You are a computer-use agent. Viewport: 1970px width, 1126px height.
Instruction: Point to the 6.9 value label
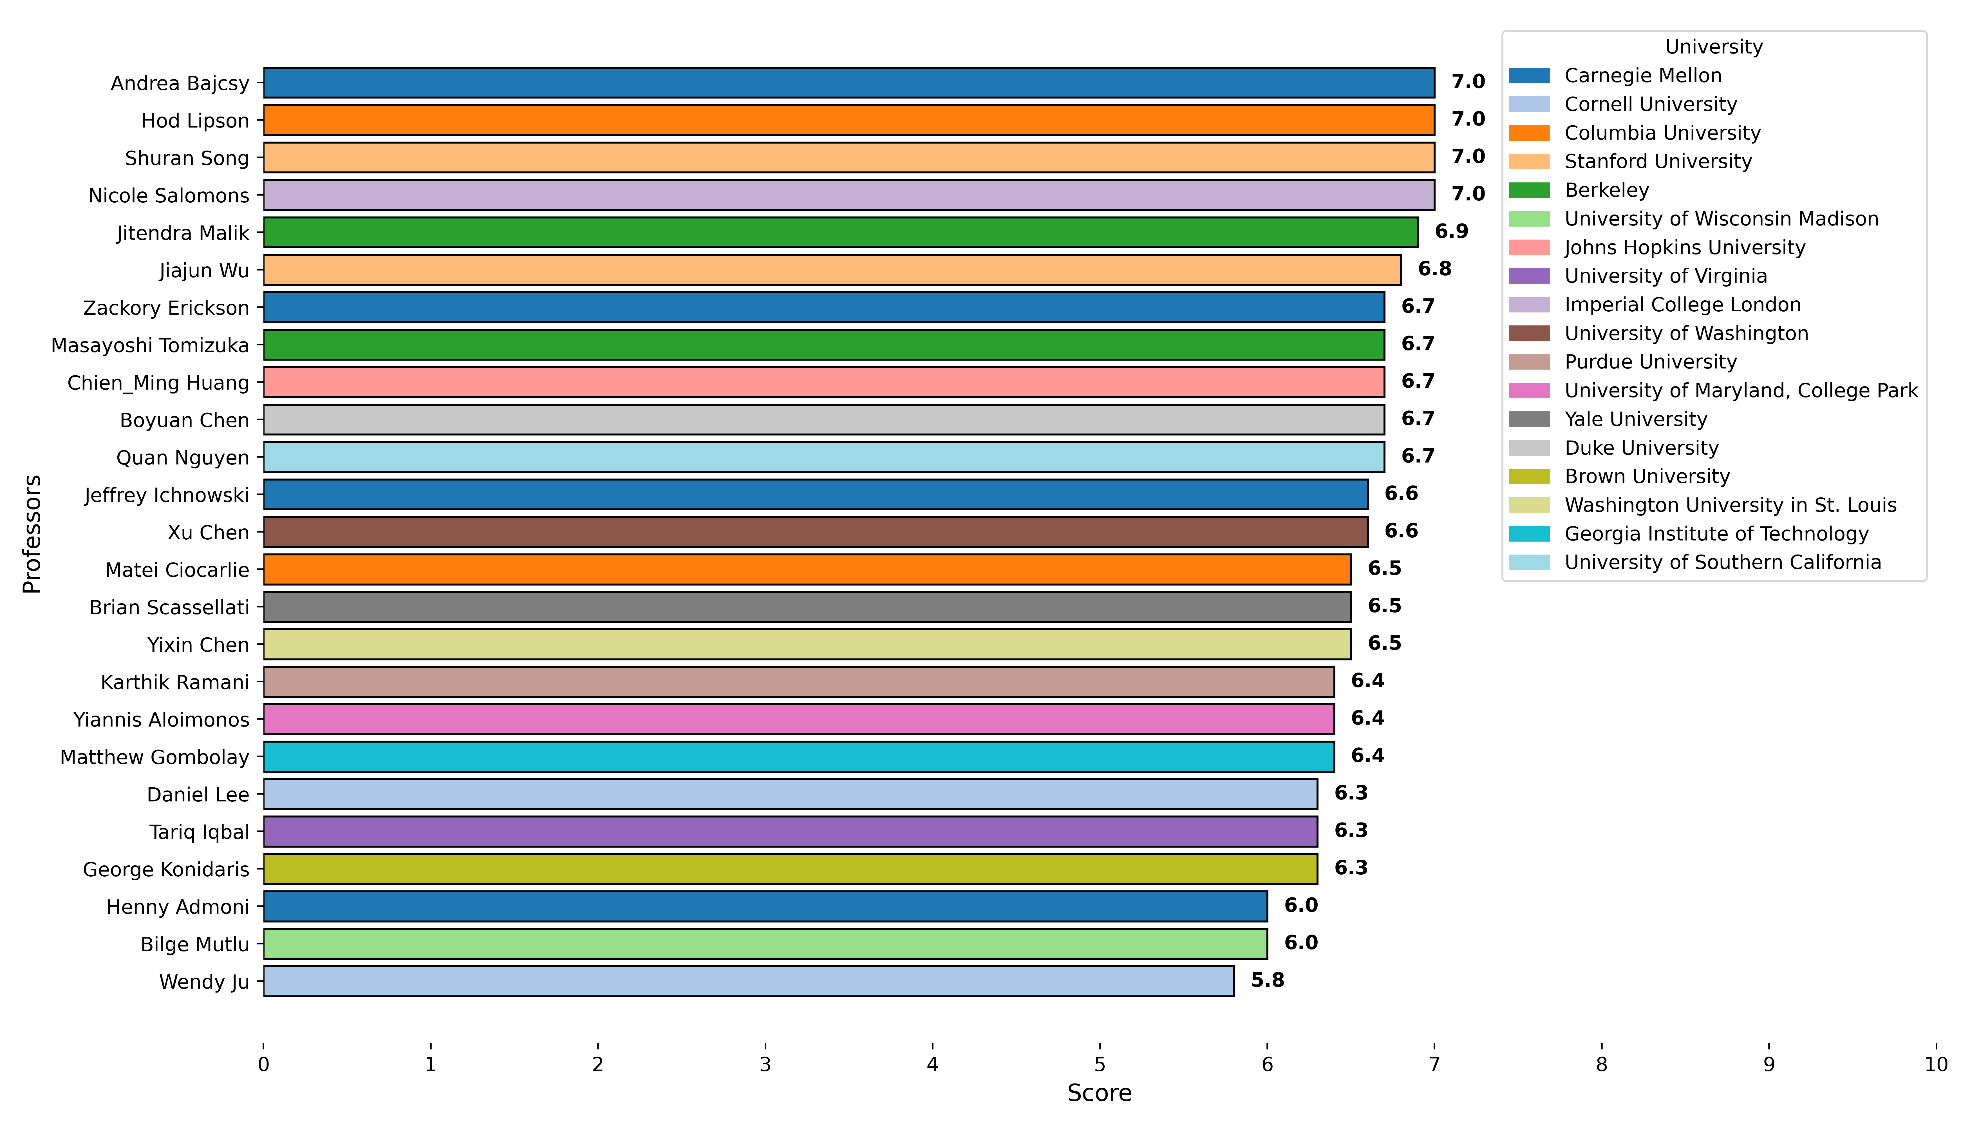tap(1451, 231)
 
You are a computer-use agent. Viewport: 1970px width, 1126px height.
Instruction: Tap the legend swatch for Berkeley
tap(1528, 190)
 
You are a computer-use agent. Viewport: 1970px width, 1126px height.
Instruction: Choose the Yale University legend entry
tap(1635, 419)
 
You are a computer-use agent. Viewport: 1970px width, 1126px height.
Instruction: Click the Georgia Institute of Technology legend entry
tap(1716, 534)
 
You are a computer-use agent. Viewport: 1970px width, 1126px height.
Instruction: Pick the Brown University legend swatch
tap(1528, 476)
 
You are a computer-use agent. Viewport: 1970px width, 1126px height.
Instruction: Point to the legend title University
tap(1713, 47)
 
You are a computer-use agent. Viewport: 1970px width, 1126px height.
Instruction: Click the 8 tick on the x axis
tap(1601, 1064)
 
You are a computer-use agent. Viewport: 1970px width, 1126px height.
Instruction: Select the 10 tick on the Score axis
tap(1935, 1064)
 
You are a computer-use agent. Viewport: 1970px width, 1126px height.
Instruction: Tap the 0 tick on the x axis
tap(264, 1064)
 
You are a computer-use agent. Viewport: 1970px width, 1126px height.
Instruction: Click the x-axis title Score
tap(1099, 1093)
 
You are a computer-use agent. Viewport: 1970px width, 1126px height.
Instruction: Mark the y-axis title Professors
tap(32, 534)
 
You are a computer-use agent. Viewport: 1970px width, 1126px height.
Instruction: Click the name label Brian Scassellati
tap(169, 607)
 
